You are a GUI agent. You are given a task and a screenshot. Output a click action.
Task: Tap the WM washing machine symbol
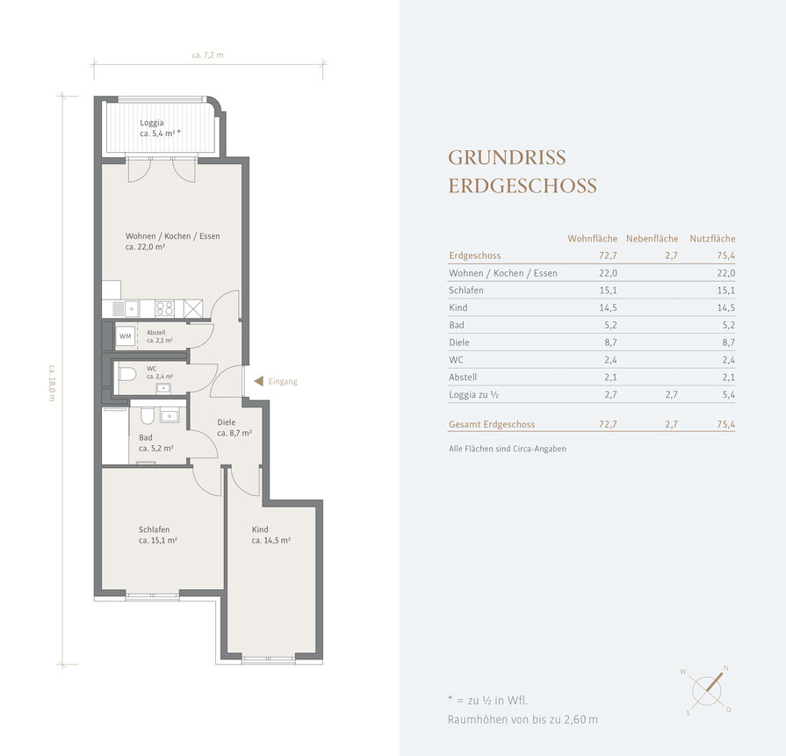[x=126, y=336]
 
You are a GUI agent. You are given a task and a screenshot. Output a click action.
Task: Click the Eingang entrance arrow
[x=259, y=381]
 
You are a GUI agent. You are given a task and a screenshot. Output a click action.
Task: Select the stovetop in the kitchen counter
[x=164, y=308]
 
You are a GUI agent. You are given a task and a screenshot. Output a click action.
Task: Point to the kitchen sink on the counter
[x=132, y=309]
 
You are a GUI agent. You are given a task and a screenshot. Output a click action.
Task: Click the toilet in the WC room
[x=127, y=374]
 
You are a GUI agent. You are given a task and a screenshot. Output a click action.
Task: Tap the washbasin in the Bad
[x=169, y=415]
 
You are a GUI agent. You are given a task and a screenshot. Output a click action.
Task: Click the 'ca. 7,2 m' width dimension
[x=207, y=55]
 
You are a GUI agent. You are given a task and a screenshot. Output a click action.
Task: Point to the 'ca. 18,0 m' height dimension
[x=52, y=383]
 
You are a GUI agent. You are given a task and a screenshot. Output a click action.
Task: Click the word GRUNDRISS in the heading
[x=507, y=157]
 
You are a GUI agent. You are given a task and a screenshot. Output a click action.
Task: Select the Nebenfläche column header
[x=652, y=239]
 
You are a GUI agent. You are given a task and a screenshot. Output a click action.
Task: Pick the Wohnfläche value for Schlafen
[x=608, y=291]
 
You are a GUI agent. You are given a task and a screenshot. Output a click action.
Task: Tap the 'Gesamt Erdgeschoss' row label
[x=492, y=424]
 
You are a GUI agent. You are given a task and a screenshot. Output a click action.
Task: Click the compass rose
[x=707, y=691]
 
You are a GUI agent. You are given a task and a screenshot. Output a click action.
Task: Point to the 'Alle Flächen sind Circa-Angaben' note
[x=508, y=449]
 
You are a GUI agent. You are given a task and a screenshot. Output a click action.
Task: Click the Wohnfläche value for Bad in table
[x=610, y=325]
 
